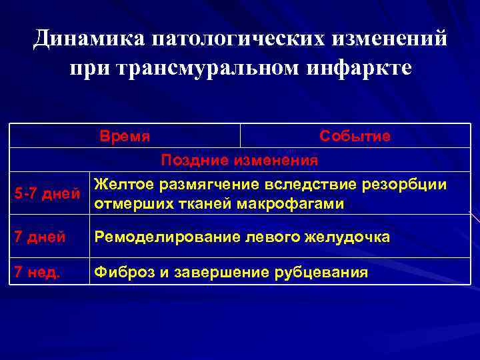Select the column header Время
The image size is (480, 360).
tap(125, 136)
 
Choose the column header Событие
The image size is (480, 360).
tap(355, 136)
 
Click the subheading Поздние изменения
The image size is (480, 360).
tap(239, 160)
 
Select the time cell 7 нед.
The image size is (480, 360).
tap(34, 272)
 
